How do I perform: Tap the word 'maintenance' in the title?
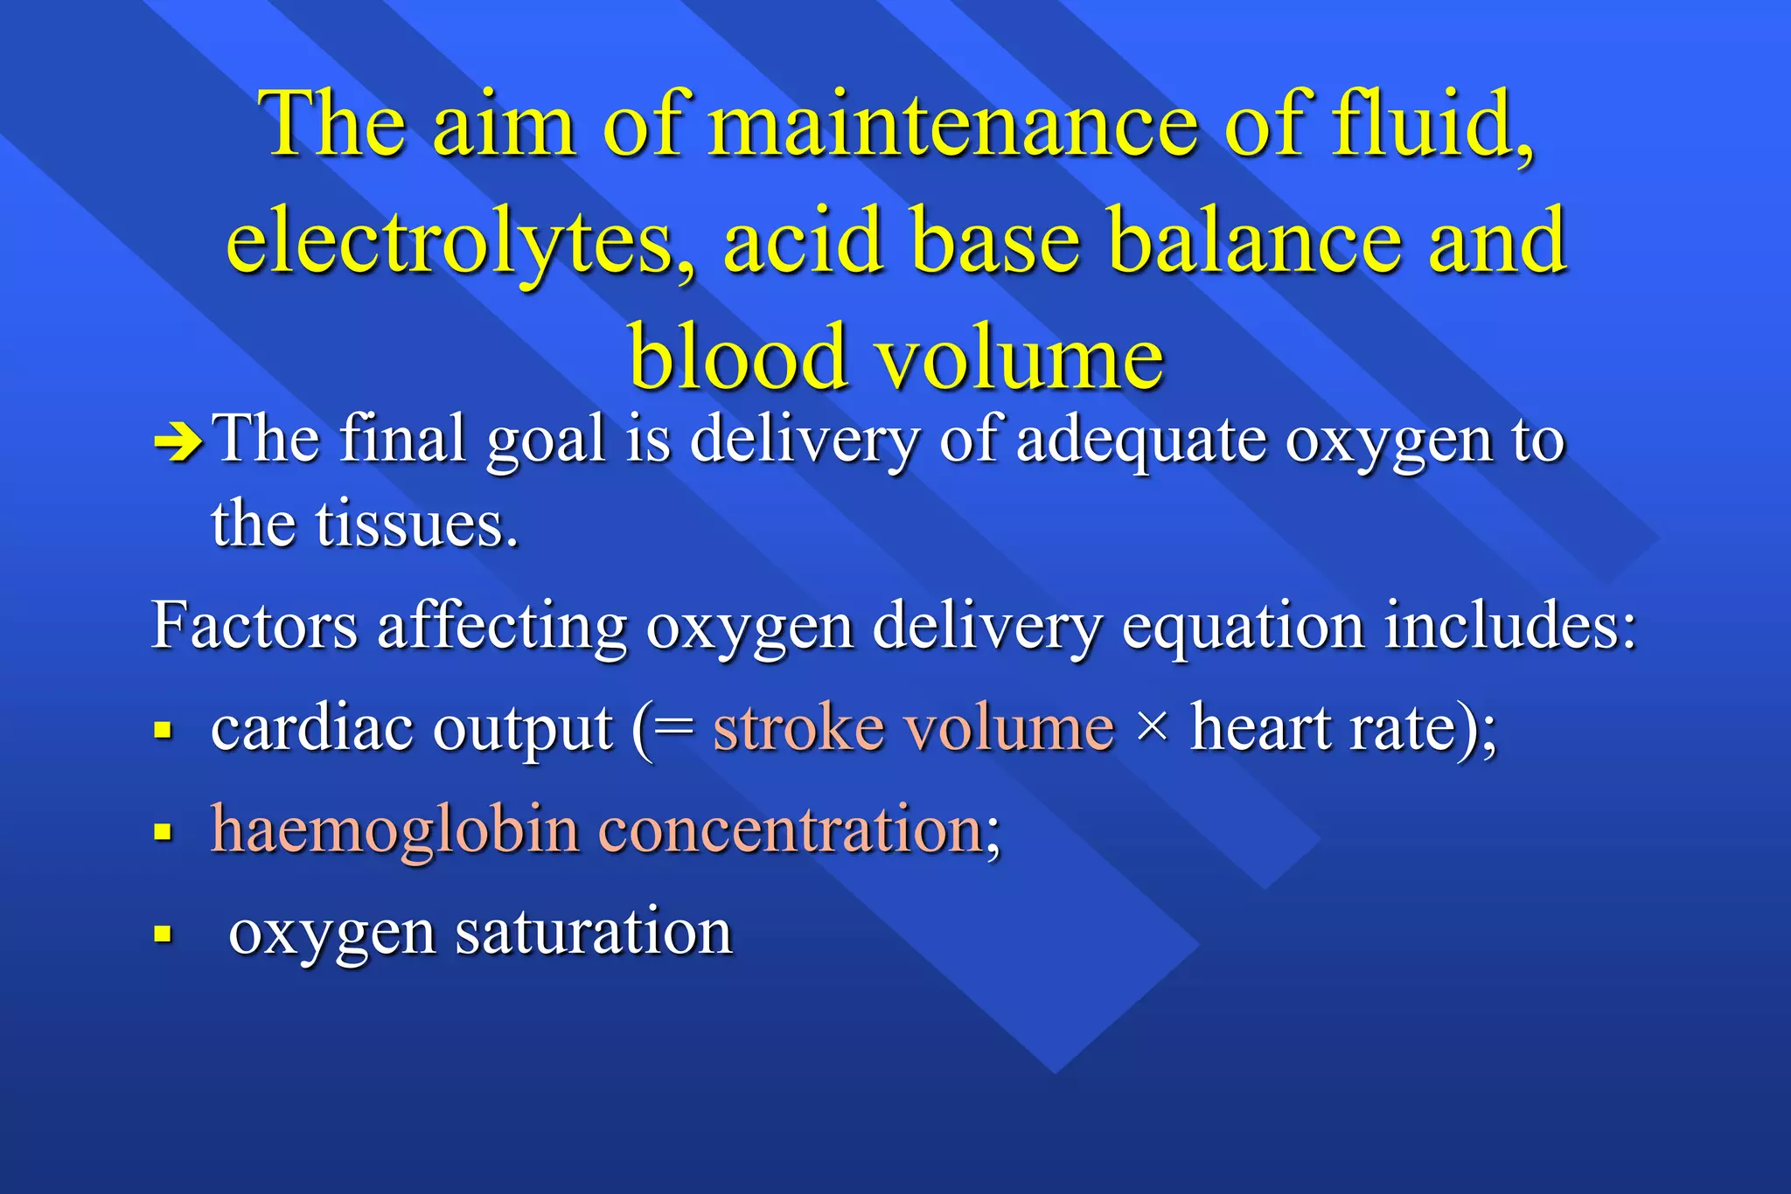click(x=952, y=124)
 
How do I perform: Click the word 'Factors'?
click(x=254, y=626)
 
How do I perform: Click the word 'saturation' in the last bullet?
click(x=594, y=932)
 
